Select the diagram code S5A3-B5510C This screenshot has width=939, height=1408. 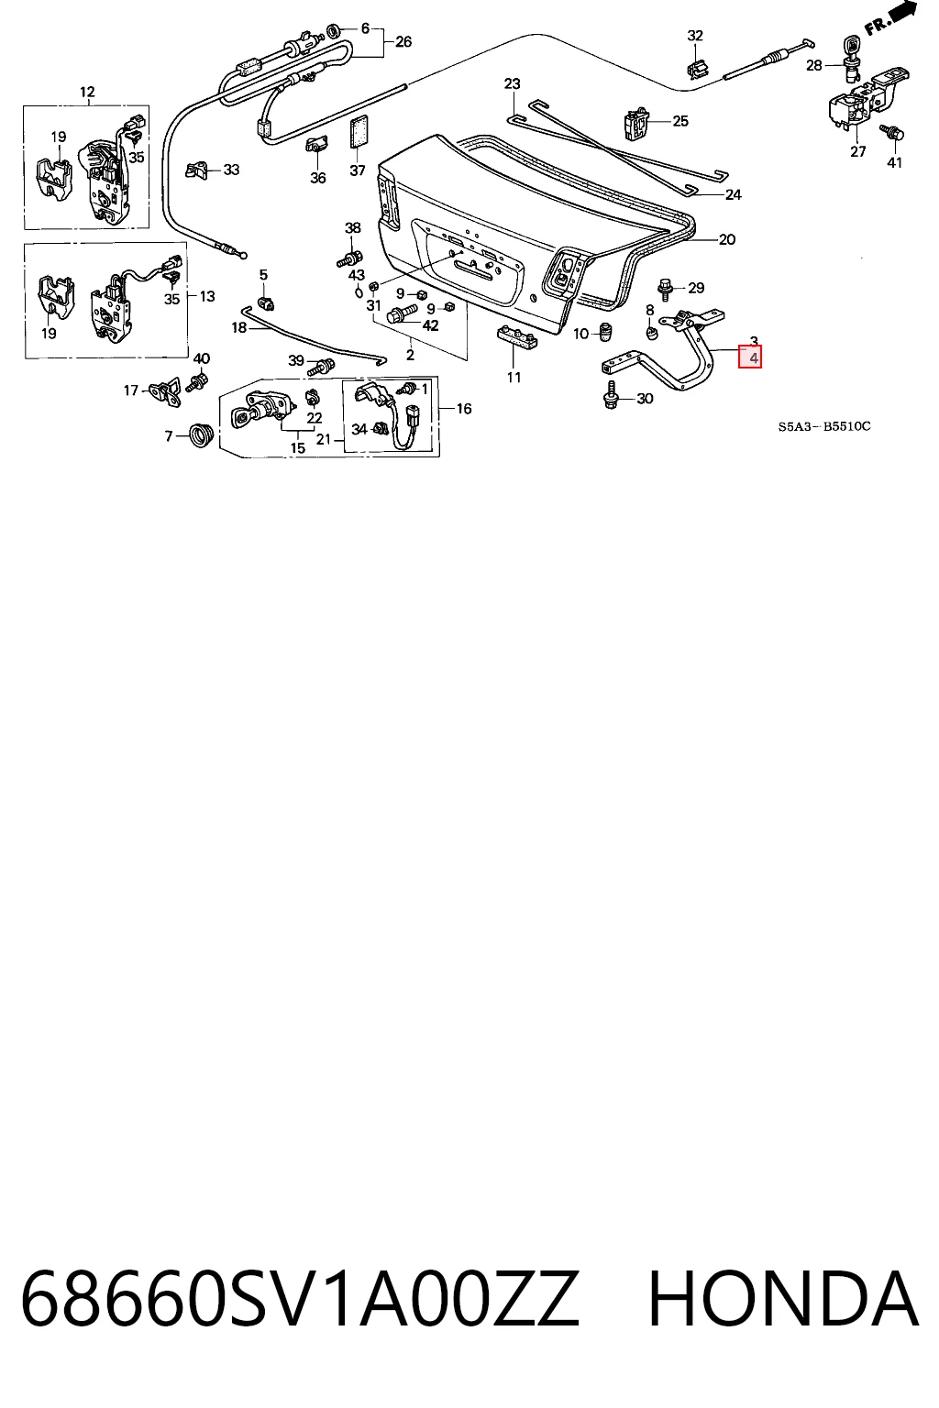[823, 427]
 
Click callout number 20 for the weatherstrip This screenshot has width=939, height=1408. [726, 239]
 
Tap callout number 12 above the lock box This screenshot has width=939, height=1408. [87, 93]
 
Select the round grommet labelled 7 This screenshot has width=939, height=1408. [201, 435]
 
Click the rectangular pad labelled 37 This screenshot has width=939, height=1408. [359, 131]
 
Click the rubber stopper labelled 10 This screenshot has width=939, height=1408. [605, 331]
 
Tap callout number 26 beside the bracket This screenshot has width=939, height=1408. [403, 41]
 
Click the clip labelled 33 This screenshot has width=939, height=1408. [196, 169]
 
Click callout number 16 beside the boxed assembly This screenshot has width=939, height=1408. [463, 409]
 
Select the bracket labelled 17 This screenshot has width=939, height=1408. [167, 391]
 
